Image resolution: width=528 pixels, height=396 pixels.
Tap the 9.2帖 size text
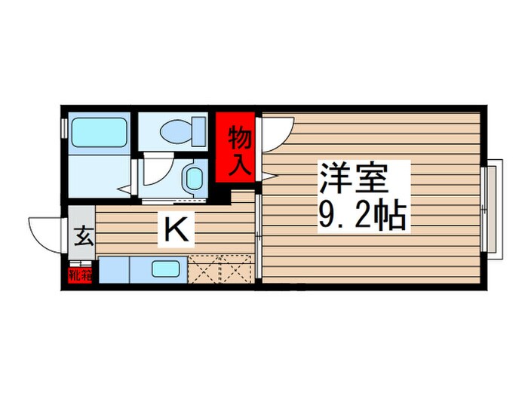pos(362,218)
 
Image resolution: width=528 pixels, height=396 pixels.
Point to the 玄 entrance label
pos(83,237)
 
